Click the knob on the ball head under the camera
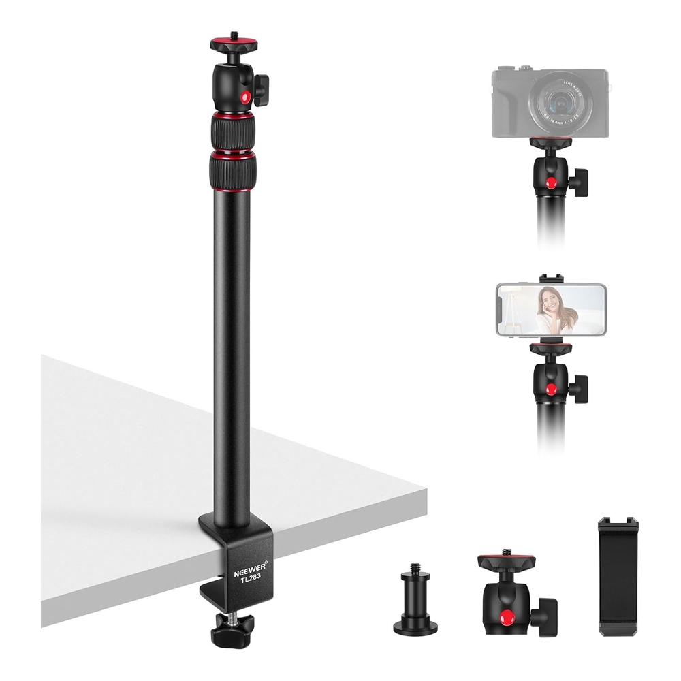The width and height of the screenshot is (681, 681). [582, 181]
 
